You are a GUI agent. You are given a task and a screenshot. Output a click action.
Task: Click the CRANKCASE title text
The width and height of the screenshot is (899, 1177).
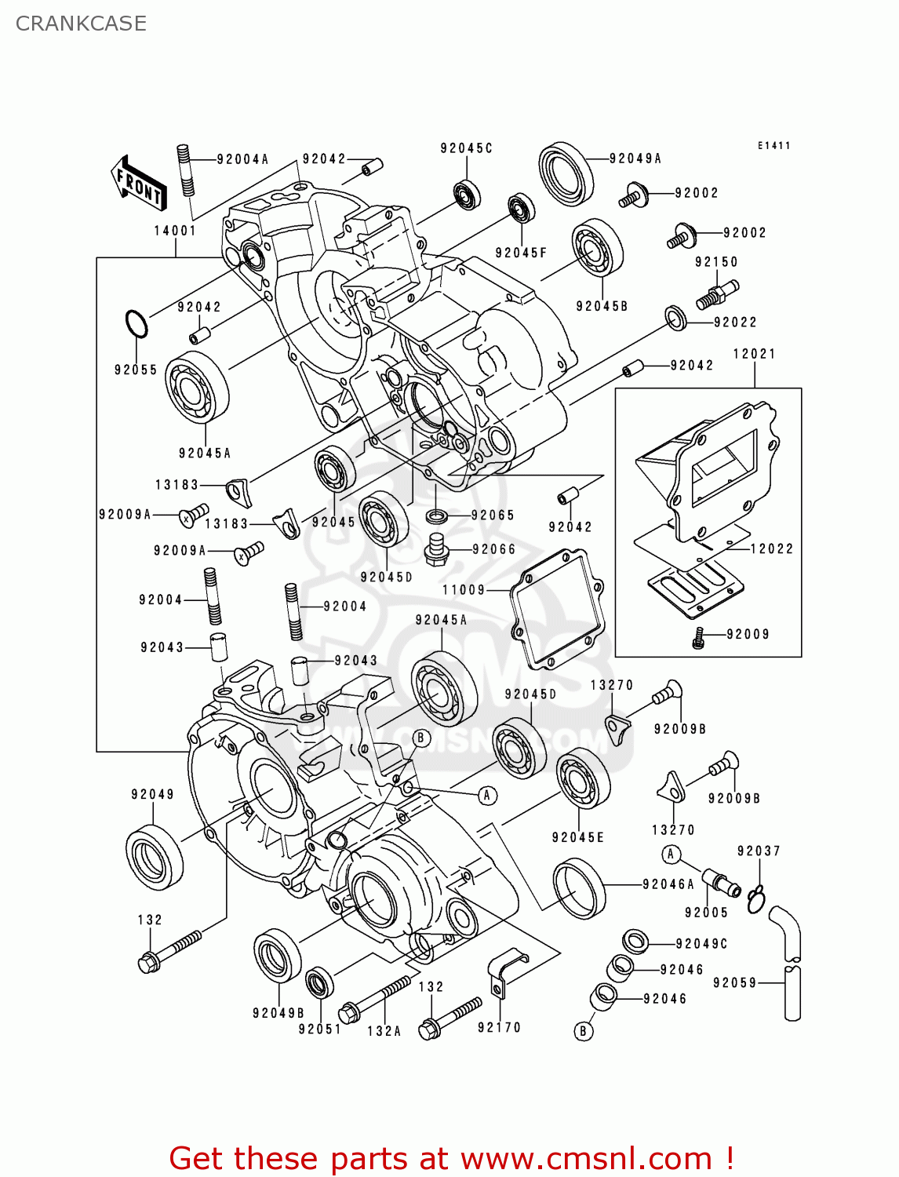pyautogui.click(x=81, y=24)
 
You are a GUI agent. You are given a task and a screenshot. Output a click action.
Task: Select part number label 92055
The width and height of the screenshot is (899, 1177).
pyautogui.click(x=136, y=370)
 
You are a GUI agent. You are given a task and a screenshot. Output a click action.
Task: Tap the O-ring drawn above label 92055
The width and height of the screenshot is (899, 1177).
pyautogui.click(x=136, y=324)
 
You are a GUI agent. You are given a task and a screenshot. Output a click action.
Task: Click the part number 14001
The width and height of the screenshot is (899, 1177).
pyautogui.click(x=174, y=231)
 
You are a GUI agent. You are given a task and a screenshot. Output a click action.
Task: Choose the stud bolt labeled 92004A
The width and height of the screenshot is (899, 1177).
pyautogui.click(x=186, y=170)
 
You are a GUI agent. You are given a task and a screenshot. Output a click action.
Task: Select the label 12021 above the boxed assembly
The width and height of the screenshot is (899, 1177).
pyautogui.click(x=754, y=354)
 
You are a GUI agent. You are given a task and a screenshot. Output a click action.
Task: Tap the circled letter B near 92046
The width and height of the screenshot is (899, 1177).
pyautogui.click(x=583, y=1030)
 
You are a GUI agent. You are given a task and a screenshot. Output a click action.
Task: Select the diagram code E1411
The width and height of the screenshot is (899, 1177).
pyautogui.click(x=773, y=146)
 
